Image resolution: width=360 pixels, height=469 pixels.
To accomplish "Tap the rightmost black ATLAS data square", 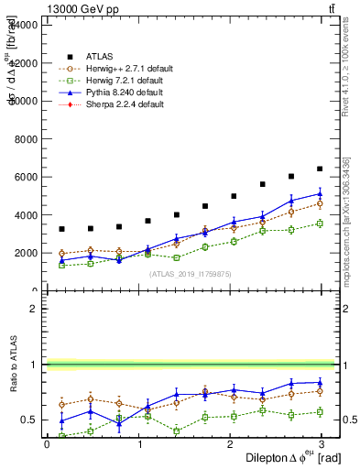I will pyautogui.click(x=320, y=169).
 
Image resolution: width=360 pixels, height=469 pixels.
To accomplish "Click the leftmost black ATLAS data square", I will pyautogui.click(x=61, y=229).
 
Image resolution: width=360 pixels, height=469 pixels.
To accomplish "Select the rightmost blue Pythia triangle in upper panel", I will pyautogui.click(x=320, y=193).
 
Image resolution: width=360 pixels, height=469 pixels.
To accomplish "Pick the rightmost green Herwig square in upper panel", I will pyautogui.click(x=320, y=224).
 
